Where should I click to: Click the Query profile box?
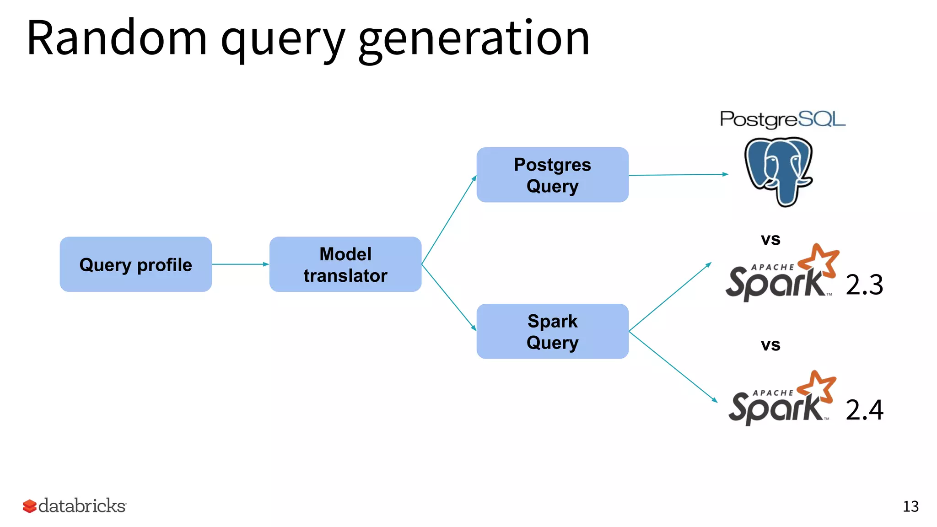136,264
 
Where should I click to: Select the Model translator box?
345,264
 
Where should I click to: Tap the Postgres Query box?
552,175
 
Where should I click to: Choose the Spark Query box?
552,331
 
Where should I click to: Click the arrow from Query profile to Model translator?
240,264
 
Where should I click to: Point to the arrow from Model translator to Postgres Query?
449,220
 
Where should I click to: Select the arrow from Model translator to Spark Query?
449,297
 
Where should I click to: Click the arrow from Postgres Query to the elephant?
678,175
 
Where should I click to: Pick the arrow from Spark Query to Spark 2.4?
673,366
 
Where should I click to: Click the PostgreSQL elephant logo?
779,171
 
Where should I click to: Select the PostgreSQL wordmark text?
782,119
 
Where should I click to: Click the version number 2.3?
864,285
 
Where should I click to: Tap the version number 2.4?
864,409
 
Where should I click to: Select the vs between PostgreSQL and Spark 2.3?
770,239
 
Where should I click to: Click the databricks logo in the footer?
75,506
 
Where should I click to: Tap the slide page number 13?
910,506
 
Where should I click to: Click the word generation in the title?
474,39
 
